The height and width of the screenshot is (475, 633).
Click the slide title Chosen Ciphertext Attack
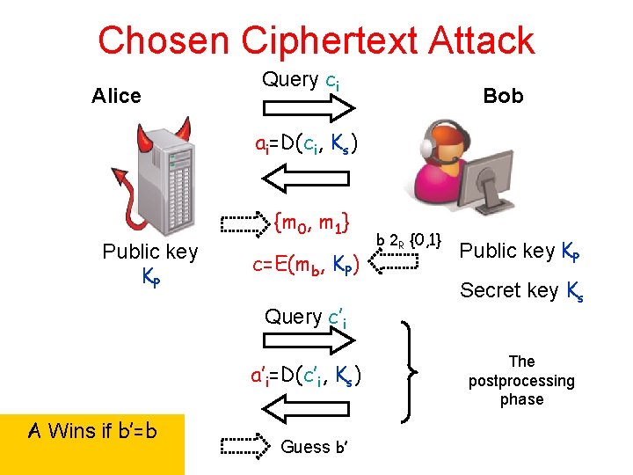click(316, 40)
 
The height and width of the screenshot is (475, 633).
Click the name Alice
click(116, 96)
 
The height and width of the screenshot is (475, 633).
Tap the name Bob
click(503, 96)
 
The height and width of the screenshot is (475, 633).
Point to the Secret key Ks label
click(521, 291)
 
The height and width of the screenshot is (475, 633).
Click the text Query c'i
click(305, 318)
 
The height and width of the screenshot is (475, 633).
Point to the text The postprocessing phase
click(521, 380)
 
